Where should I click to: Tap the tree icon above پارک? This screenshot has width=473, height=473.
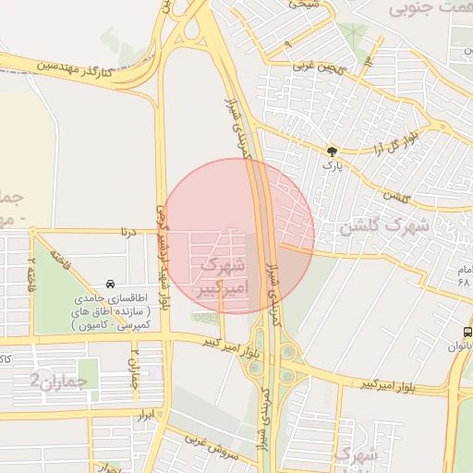tap(332, 150)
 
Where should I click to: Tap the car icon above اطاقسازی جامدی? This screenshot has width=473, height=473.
tap(111, 284)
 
